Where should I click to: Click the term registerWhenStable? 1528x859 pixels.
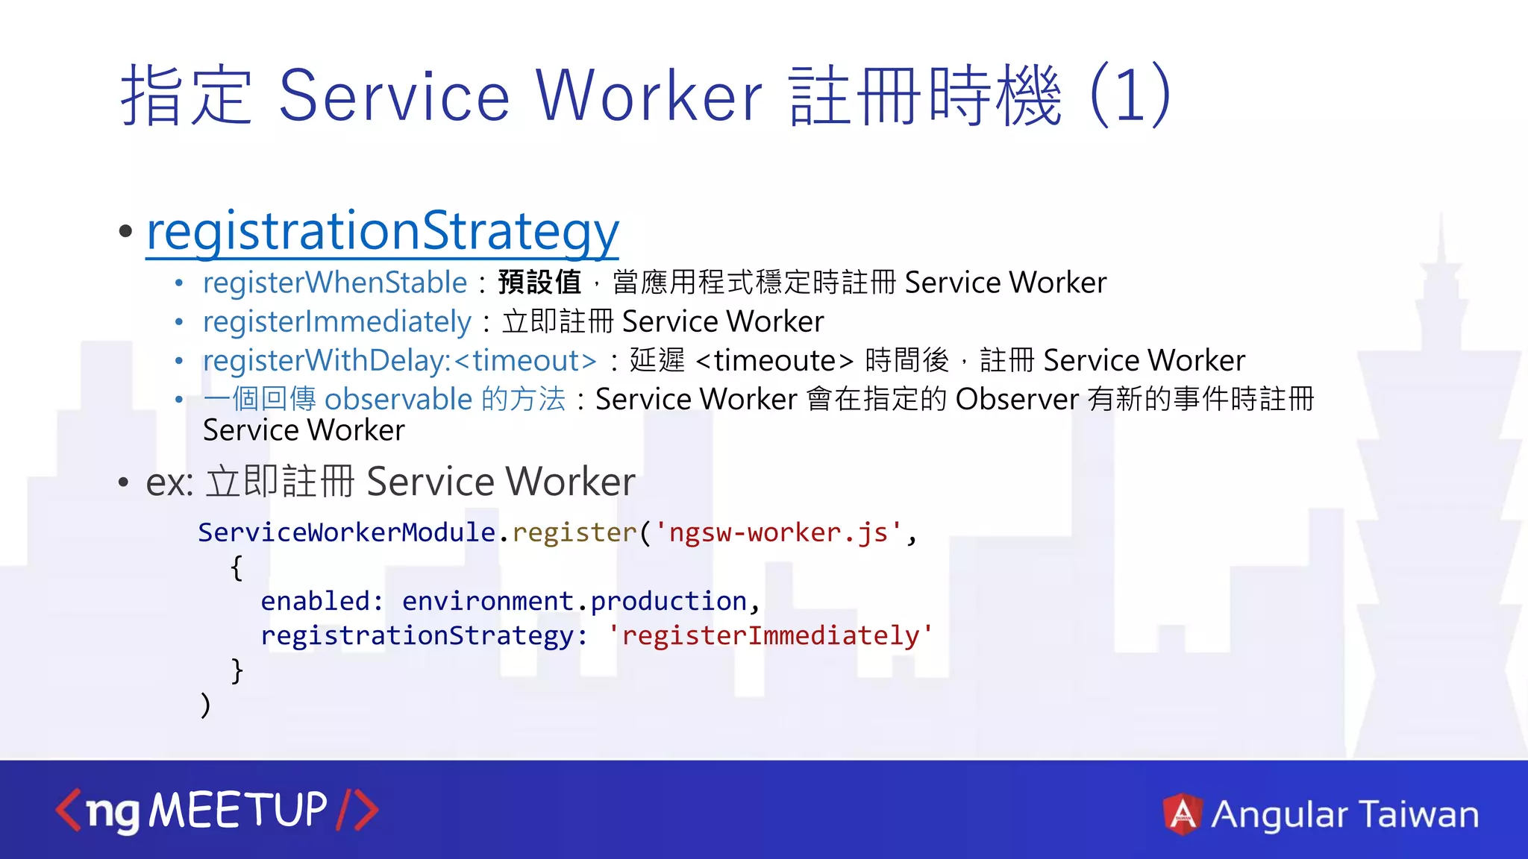pyautogui.click(x=334, y=283)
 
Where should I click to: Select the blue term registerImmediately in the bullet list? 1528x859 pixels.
pyautogui.click(x=336, y=322)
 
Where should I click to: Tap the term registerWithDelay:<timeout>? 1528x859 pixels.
pyautogui.click(x=399, y=361)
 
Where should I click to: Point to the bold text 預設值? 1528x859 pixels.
pyautogui.click(x=539, y=283)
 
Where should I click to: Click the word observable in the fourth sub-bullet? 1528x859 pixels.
pyautogui.click(x=398, y=400)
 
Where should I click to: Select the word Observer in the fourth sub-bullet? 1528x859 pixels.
pyautogui.click(x=1016, y=400)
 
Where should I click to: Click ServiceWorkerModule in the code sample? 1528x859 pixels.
pyautogui.click(x=346, y=532)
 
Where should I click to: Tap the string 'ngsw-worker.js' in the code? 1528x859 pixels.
pyautogui.click(x=778, y=532)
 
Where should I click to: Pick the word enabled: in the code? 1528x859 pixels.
pyautogui.click(x=322, y=601)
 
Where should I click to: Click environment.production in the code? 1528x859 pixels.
pyautogui.click(x=574, y=601)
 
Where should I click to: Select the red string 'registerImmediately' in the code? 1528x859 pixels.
pyautogui.click(x=770, y=635)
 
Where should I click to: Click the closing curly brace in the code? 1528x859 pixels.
pyautogui.click(x=237, y=670)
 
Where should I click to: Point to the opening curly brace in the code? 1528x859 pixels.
pyautogui.click(x=237, y=567)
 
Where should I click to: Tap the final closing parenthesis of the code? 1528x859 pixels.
pyautogui.click(x=205, y=704)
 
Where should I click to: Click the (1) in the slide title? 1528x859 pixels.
pyautogui.click(x=1130, y=95)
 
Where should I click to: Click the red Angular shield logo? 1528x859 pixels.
pyautogui.click(x=1182, y=814)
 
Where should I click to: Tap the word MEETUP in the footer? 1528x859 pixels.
pyautogui.click(x=238, y=810)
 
